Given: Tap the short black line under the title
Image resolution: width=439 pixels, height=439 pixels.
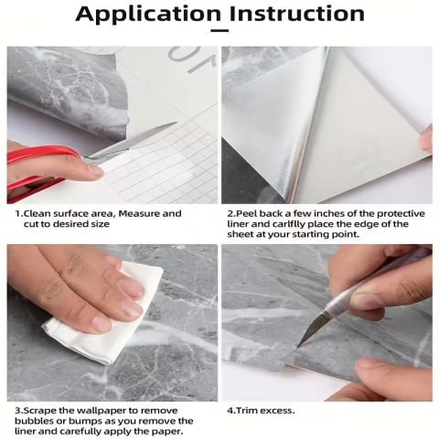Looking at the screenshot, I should [219, 32].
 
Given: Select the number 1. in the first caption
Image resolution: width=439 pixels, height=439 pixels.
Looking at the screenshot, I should [18, 213].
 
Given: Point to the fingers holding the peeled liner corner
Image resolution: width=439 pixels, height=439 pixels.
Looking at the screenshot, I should [425, 137].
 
